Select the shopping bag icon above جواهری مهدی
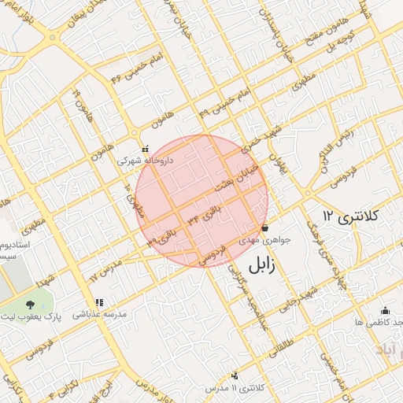coord(264,228)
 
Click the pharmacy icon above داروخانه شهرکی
coord(144,149)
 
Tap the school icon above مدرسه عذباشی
coord(99,302)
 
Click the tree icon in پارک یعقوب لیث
coord(30,305)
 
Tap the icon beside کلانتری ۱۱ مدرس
coord(235,377)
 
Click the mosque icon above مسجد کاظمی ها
coord(385,311)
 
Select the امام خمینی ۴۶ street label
coord(128,70)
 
